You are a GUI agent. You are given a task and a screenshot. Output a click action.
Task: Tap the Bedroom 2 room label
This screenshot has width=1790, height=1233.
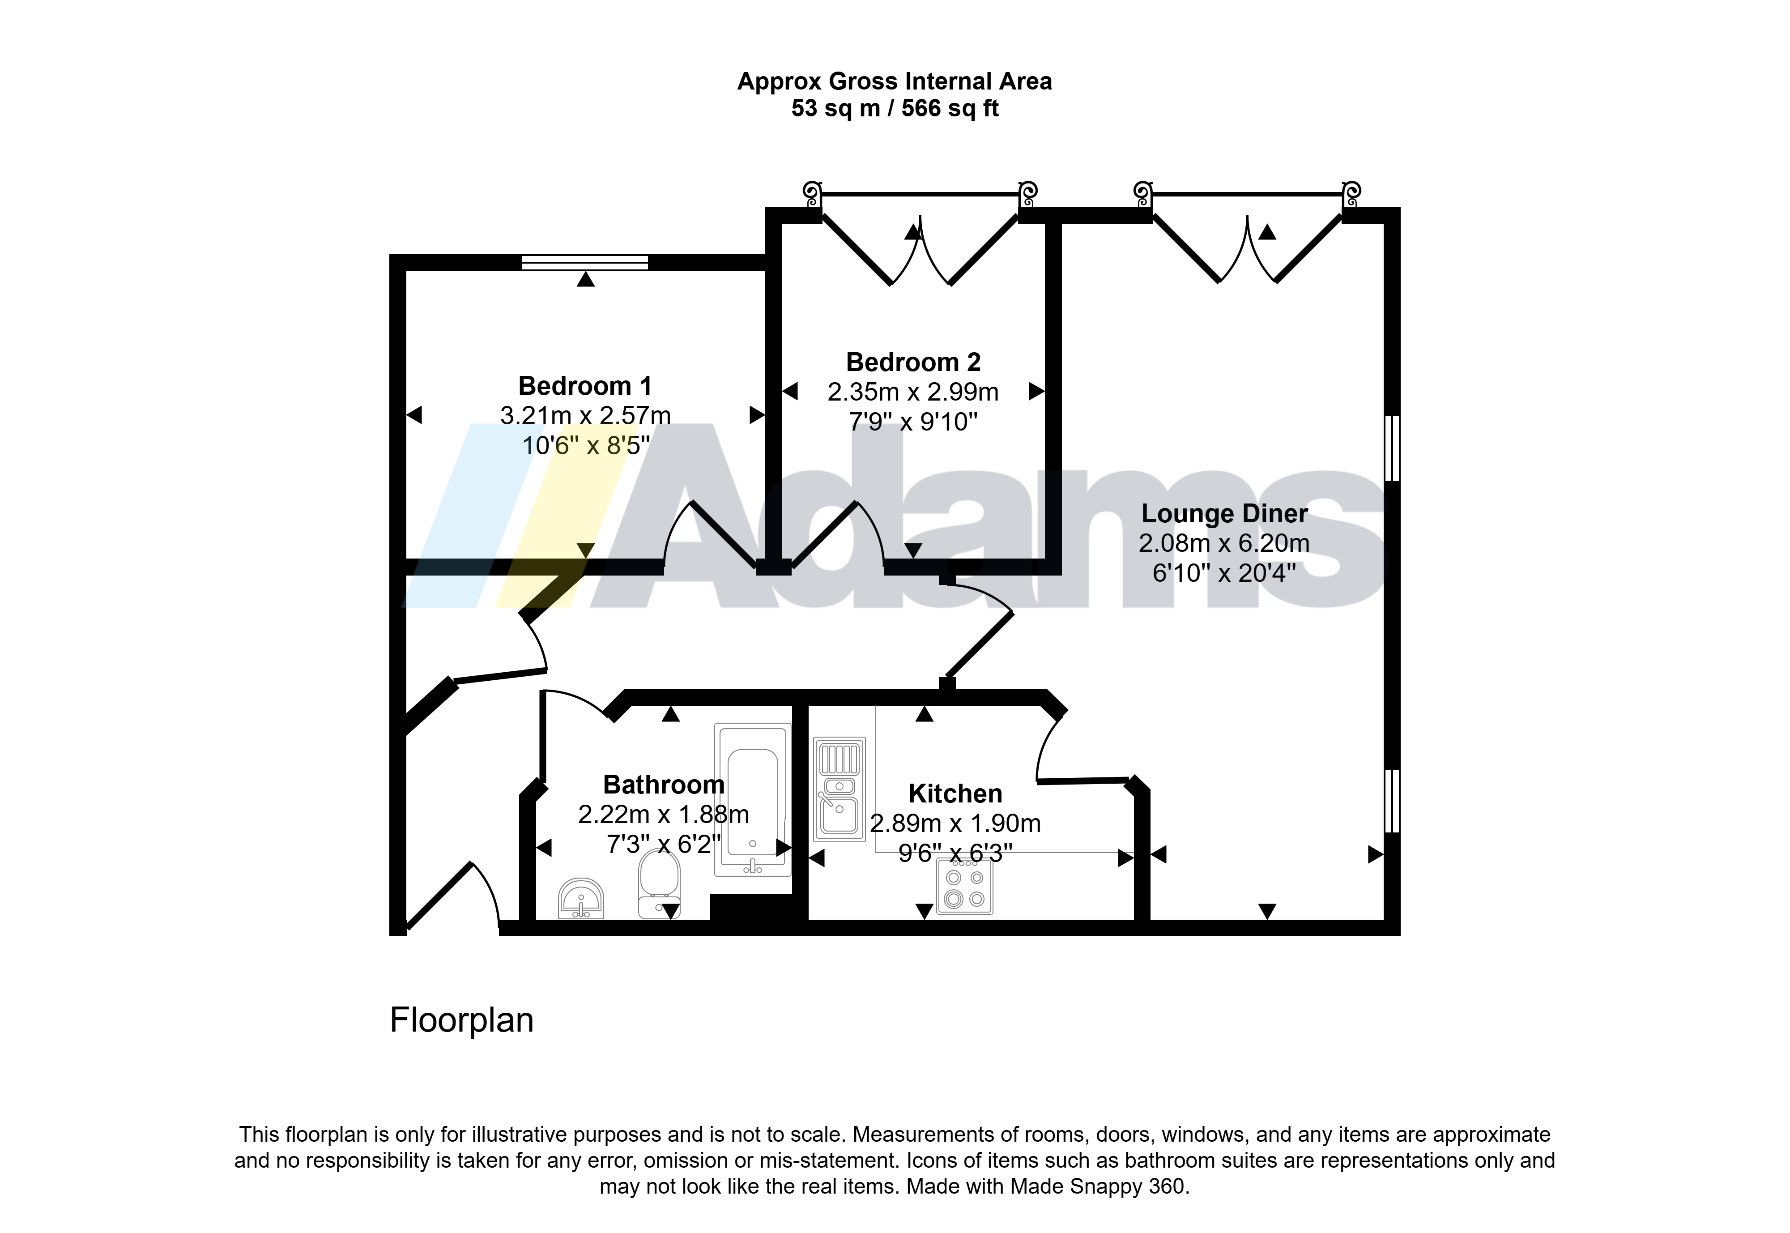coord(913,362)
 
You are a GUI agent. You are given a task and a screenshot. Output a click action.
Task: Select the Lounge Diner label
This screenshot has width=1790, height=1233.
coord(1224,513)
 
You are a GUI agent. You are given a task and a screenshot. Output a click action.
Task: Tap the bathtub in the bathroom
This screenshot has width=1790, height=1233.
coord(752,799)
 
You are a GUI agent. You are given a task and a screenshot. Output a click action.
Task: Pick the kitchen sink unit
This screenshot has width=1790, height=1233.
coord(839,789)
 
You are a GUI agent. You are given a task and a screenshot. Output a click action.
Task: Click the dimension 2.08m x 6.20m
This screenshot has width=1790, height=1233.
coord(1224,543)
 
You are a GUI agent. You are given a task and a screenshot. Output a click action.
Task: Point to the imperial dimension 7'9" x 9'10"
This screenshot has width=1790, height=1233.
coord(913,422)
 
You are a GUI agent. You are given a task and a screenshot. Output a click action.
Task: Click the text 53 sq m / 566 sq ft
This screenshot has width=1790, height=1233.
coord(895,108)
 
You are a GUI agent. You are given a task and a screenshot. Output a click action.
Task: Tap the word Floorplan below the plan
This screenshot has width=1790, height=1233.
coord(461,1020)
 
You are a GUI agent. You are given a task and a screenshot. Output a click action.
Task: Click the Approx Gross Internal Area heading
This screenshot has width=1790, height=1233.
coord(895,81)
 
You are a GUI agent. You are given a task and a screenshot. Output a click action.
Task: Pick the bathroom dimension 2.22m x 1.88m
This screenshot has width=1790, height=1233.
coord(664,814)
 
